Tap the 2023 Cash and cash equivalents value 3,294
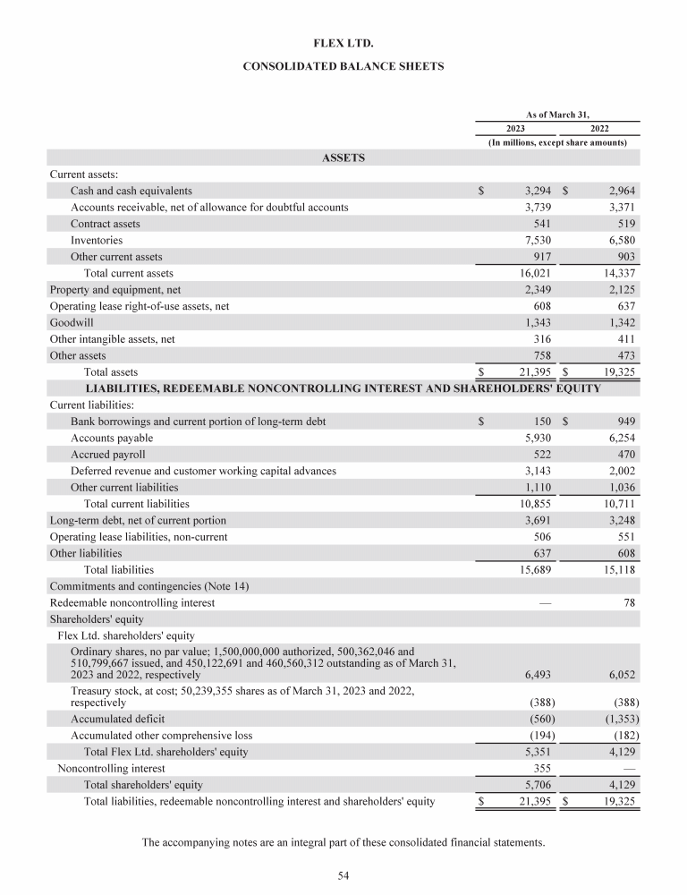[536, 192]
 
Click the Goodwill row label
[72, 322]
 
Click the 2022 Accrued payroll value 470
[623, 455]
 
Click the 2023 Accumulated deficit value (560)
[538, 719]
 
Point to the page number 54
[343, 874]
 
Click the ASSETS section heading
[343, 158]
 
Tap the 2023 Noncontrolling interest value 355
[540, 768]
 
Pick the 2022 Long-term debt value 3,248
[618, 520]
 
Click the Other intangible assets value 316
[540, 339]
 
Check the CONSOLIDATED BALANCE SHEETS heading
[343, 67]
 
